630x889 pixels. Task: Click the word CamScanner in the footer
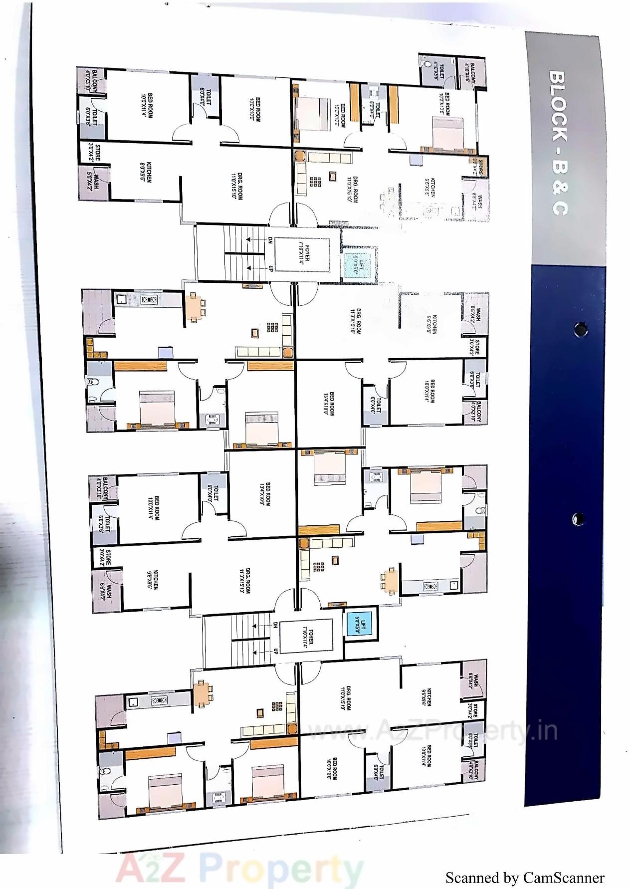point(563,878)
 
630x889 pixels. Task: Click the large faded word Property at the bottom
point(283,869)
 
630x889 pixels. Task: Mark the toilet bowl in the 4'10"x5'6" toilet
point(427,64)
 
